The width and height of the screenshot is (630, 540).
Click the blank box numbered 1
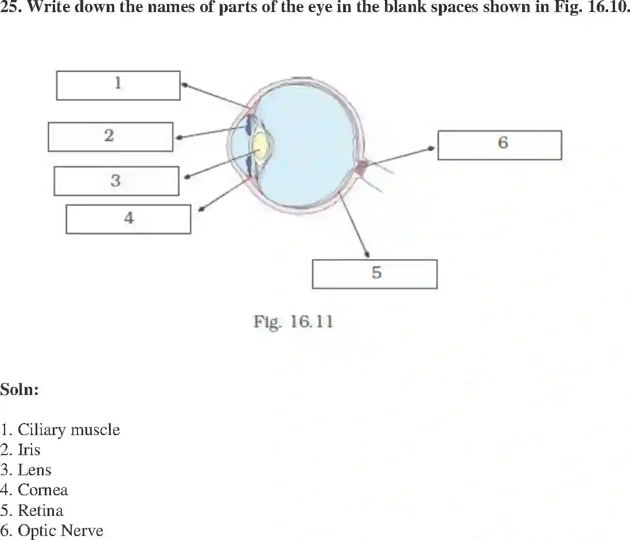[x=118, y=85]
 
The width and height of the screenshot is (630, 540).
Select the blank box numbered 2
[x=110, y=136]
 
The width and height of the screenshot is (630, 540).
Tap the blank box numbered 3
[x=116, y=181]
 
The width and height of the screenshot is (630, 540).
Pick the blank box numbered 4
[x=129, y=219]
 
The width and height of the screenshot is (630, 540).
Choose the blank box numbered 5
[x=375, y=274]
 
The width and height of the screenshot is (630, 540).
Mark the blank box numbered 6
[x=499, y=144]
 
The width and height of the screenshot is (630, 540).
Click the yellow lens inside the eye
[x=261, y=147]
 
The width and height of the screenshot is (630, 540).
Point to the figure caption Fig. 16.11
[x=293, y=322]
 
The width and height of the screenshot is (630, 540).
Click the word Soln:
[x=20, y=390]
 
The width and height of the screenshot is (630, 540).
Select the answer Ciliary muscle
[x=69, y=430]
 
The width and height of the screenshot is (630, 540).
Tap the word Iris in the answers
[x=29, y=450]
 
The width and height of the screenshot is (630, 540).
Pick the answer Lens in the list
[x=34, y=470]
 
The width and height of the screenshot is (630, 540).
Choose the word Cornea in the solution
[x=42, y=490]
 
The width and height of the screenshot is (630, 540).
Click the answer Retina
[x=40, y=510]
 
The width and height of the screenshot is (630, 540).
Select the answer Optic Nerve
[x=60, y=531]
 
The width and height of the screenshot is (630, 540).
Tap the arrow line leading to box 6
[x=402, y=156]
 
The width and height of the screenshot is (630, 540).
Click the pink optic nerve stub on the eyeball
[x=361, y=167]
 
